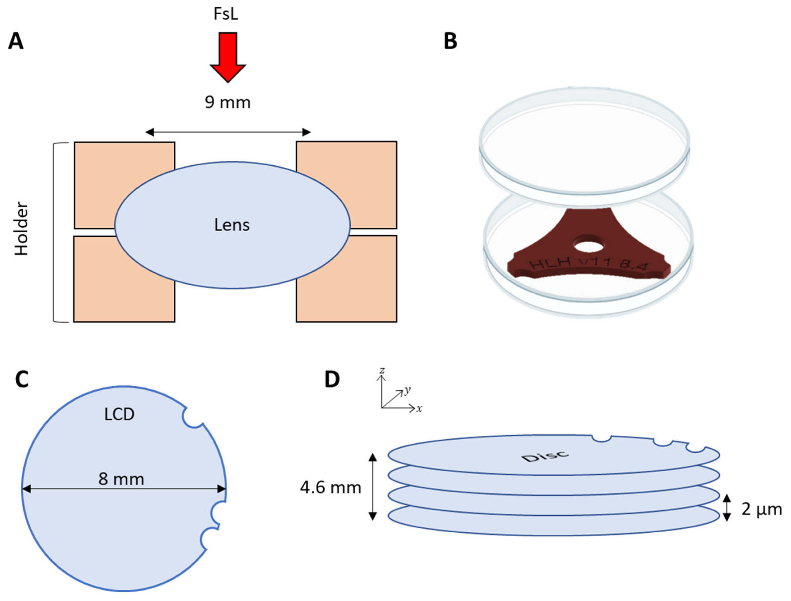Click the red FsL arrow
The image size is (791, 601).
pyautogui.click(x=228, y=55)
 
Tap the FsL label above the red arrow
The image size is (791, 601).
pyautogui.click(x=226, y=14)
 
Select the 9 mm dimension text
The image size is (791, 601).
pyautogui.click(x=228, y=102)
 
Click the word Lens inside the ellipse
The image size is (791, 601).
pyautogui.click(x=232, y=225)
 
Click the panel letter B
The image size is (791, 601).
pyautogui.click(x=450, y=41)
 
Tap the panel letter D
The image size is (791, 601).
pyautogui.click(x=332, y=379)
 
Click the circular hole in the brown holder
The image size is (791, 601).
pyautogui.click(x=588, y=246)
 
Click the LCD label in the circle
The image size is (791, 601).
pyautogui.click(x=119, y=414)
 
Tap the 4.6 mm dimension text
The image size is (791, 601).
pyautogui.click(x=330, y=488)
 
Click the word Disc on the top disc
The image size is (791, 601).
pyautogui.click(x=545, y=456)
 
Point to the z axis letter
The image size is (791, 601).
pyautogui.click(x=382, y=370)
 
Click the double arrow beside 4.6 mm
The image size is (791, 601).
pyautogui.click(x=373, y=487)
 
